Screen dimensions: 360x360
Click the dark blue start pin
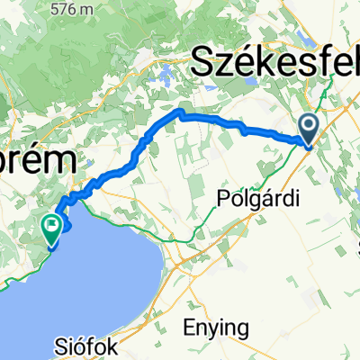[308, 128]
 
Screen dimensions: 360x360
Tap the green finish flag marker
[52, 229]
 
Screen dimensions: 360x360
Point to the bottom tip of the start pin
[308, 143]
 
